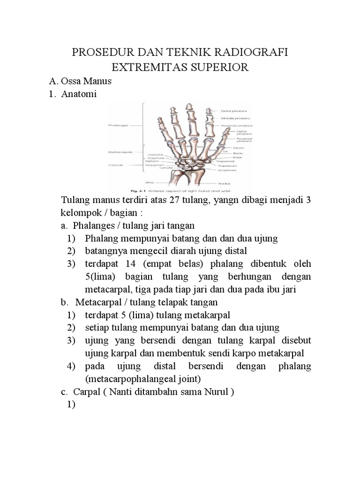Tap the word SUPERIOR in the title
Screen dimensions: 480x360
[x=217, y=67]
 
